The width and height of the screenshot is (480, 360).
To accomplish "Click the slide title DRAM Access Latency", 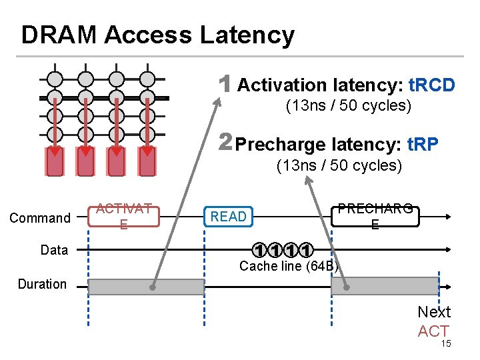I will (157, 35).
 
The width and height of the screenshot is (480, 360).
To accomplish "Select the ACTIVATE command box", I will (123, 216).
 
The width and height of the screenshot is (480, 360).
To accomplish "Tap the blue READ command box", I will (229, 216).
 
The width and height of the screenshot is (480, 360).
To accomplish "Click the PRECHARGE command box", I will (375, 216).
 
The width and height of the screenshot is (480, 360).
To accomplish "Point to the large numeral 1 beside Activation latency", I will (226, 85).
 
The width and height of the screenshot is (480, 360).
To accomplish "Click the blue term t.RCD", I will (431, 85).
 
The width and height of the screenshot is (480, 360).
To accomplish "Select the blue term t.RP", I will (419, 144).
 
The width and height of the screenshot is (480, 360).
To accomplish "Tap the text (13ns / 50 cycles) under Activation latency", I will (348, 106).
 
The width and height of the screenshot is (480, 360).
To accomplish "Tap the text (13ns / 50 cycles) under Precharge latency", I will (339, 165).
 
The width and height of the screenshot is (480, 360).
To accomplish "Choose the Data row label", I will (54, 250).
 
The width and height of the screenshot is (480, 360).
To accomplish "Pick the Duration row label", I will (42, 284).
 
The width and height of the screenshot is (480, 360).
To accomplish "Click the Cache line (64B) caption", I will (289, 267).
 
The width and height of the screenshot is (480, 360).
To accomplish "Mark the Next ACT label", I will (433, 321).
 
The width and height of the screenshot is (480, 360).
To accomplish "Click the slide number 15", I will (446, 343).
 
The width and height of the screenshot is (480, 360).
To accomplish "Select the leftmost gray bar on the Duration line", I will (146, 287).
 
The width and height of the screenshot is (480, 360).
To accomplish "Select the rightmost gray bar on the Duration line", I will (385, 287).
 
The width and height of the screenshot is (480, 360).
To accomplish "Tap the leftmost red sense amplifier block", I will (55, 161).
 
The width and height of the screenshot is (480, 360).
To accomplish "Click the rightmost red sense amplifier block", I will (147, 161).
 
